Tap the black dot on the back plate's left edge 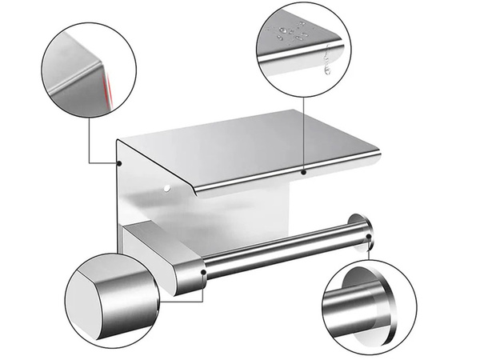point(118,163)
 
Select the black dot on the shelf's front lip point(304,171)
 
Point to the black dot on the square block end point(205,273)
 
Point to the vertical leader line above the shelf point(304,128)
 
